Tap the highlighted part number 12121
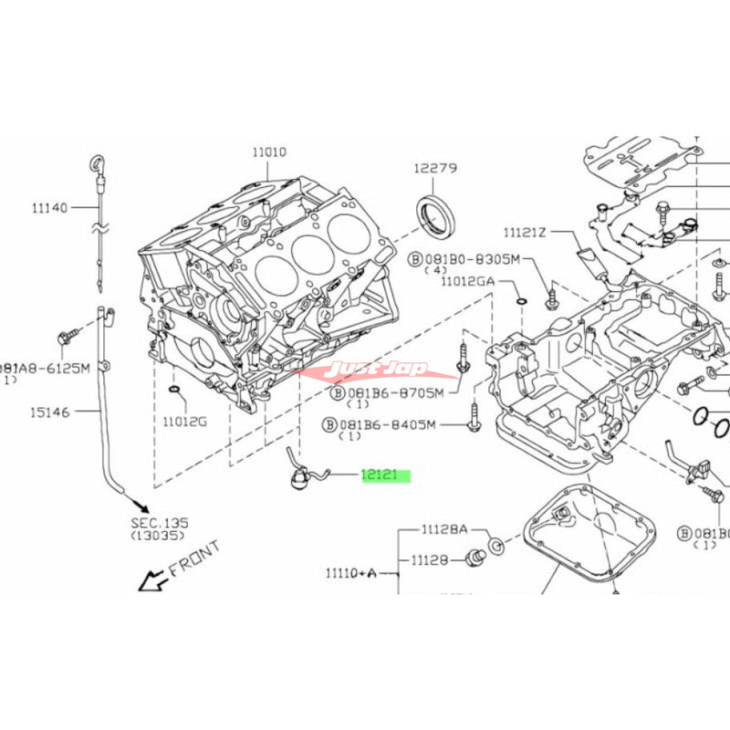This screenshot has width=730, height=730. (x=384, y=474)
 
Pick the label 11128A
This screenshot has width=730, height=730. (x=443, y=529)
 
